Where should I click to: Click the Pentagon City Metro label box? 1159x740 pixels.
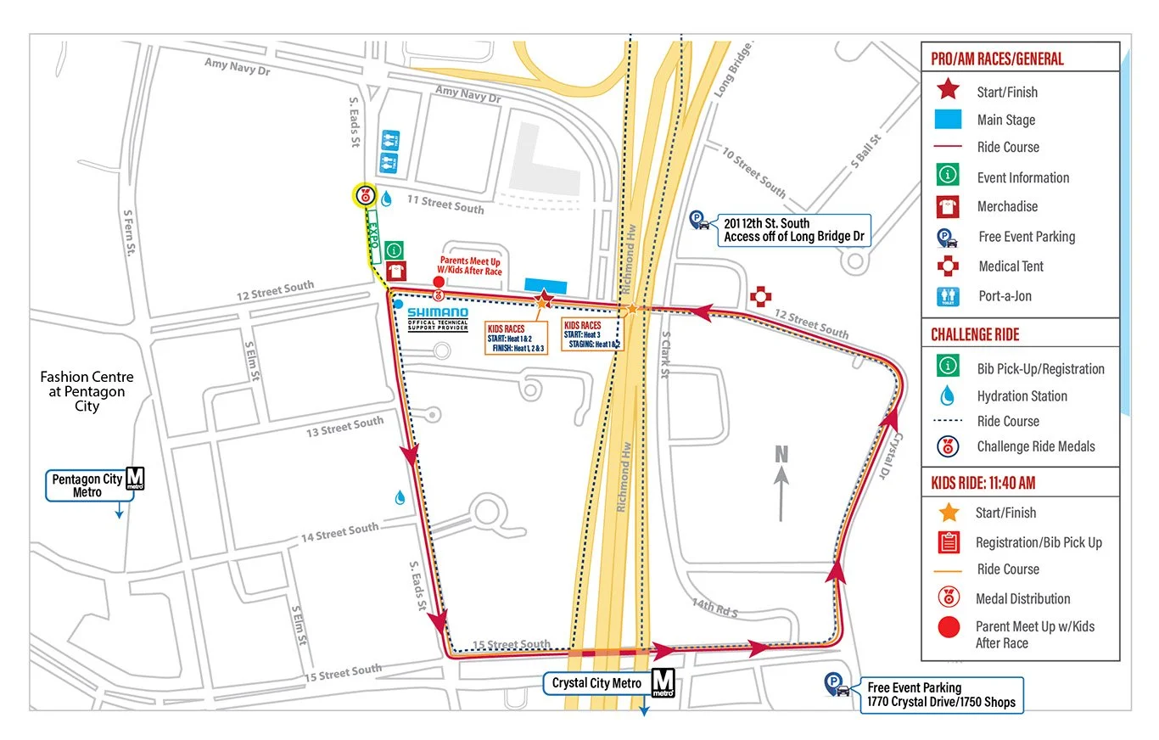(87, 485)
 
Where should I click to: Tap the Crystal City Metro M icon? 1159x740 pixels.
(663, 683)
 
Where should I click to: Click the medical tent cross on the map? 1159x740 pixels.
(761, 296)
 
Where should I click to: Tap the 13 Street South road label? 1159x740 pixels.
(344, 426)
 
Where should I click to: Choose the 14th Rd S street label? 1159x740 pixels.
(714, 608)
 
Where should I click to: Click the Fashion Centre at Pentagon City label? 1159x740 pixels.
(87, 391)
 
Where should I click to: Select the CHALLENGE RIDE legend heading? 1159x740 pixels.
(975, 334)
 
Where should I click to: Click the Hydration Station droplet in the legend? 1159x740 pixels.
(948, 395)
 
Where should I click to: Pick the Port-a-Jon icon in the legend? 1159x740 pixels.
(948, 296)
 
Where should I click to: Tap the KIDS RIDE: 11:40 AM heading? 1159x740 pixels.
(983, 483)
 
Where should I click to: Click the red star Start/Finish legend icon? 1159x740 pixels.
(948, 90)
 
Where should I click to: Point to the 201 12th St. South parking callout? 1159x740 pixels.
(793, 230)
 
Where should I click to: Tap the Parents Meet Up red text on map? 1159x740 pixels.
(471, 266)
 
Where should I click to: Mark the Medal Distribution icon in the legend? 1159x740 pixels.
(948, 598)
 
